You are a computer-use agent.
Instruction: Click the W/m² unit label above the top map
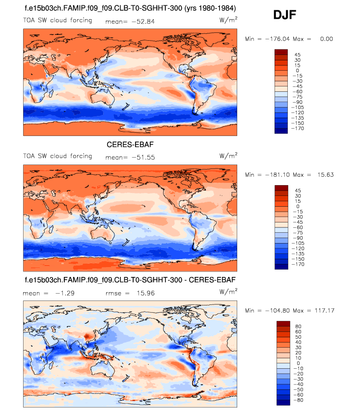(x=228, y=20)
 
